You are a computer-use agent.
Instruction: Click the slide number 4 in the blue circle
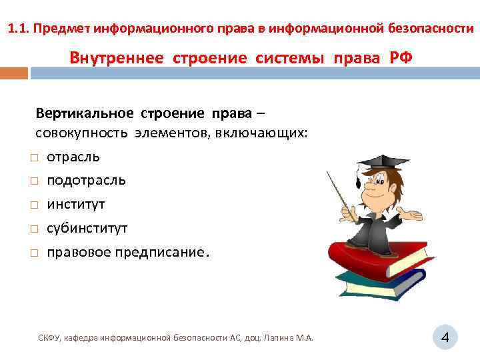(445, 339)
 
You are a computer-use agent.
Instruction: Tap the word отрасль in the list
(73, 157)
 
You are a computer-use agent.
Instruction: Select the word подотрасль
(86, 181)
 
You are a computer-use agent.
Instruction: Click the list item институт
(76, 205)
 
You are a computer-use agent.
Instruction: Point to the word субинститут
(87, 229)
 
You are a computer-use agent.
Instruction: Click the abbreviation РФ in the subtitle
(401, 57)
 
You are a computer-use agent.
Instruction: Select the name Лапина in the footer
(279, 339)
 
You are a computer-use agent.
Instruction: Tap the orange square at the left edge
(13, 72)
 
